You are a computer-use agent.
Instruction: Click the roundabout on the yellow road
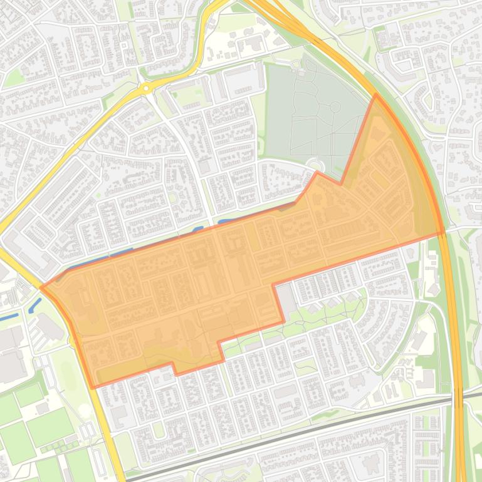[146, 89]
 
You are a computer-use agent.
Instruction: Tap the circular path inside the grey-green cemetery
[335, 108]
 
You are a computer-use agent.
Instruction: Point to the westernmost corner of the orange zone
[41, 287]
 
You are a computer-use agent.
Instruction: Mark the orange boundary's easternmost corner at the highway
[444, 233]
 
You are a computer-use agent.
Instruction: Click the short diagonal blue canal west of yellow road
[34, 306]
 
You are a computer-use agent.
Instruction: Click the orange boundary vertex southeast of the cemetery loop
[341, 184]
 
